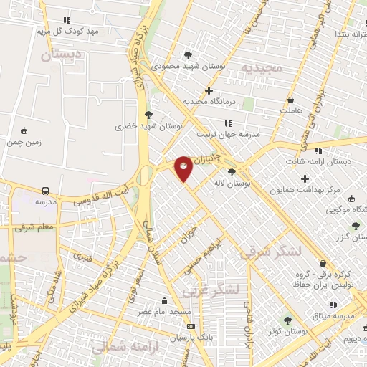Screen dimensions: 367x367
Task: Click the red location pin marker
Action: click(x=183, y=168)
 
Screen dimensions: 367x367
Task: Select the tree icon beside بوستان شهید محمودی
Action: click(x=188, y=54)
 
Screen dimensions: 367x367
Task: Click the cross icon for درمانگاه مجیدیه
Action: click(x=209, y=90)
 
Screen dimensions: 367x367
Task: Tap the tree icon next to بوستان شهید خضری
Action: click(x=148, y=114)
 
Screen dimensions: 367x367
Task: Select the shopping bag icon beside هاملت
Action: click(x=291, y=101)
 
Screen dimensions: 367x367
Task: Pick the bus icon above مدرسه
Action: click(x=46, y=191)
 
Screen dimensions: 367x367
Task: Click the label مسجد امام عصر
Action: click(x=164, y=313)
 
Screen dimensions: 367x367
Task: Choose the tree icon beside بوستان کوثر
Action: click(x=287, y=320)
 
